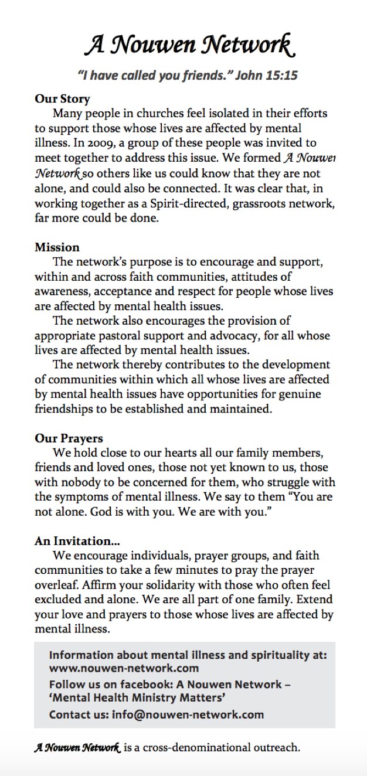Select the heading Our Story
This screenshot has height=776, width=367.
(x=62, y=98)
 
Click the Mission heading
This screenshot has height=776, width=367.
(x=57, y=247)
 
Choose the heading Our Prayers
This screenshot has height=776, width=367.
(x=69, y=438)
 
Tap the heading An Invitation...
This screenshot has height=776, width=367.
(x=73, y=541)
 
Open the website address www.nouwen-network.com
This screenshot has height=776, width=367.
(x=124, y=668)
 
